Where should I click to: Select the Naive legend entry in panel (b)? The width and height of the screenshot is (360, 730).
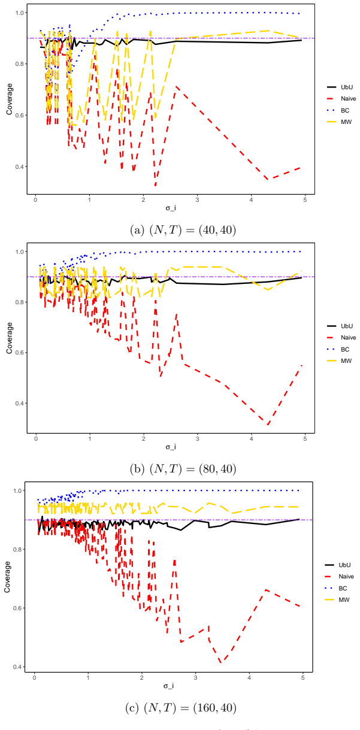click(341, 338)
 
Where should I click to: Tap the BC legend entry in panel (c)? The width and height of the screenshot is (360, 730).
click(336, 588)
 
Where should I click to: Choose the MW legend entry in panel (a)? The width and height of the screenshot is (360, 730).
click(339, 122)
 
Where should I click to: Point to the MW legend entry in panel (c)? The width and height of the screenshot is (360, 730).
click(337, 599)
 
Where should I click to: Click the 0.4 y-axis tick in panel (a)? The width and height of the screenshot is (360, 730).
click(19, 166)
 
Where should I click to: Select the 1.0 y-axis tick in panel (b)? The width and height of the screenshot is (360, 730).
click(19, 252)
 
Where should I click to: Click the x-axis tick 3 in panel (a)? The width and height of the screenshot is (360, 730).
click(197, 200)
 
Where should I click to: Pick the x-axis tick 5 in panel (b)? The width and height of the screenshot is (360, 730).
click(305, 438)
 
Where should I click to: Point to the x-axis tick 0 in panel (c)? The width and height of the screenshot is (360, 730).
click(34, 677)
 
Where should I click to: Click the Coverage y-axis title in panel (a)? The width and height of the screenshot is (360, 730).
click(9, 99)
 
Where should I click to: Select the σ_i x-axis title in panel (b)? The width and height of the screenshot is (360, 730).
click(171, 447)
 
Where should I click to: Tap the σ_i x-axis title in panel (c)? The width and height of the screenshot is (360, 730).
click(168, 686)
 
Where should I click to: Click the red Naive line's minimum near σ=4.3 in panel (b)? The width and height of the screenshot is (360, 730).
click(268, 425)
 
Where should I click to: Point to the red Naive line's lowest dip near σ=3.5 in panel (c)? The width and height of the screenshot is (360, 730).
click(222, 662)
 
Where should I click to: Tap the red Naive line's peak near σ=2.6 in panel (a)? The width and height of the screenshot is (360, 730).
click(177, 87)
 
